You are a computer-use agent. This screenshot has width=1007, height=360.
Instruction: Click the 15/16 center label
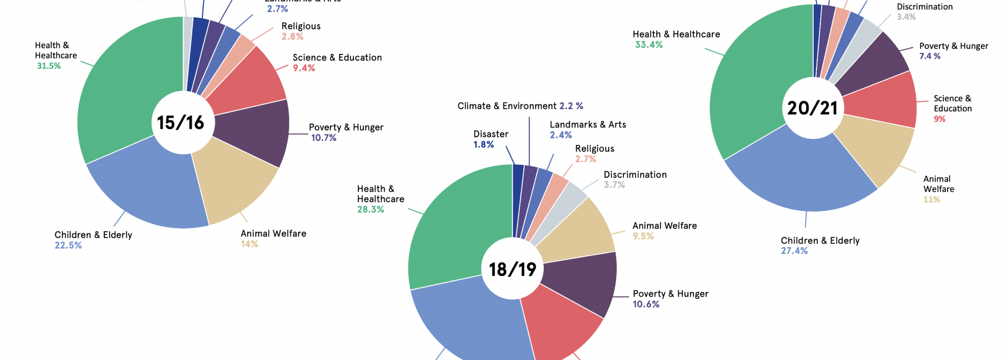pos(180,123)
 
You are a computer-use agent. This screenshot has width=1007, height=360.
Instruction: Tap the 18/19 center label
pos(513,269)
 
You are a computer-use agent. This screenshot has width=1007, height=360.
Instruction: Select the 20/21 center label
pos(812,108)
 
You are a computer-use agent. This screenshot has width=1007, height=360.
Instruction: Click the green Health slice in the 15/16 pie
pos(126,91)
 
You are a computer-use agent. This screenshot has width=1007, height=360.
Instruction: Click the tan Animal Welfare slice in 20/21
pos(876,151)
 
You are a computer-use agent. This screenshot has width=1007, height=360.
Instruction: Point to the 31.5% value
pos(49,66)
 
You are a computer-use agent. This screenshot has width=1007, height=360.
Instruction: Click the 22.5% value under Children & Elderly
pos(68,245)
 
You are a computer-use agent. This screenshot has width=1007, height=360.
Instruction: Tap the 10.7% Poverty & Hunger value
pos(324,138)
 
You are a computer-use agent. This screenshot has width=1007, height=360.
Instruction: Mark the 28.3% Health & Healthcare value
pos(371,209)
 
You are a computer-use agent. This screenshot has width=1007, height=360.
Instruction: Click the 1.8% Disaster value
pos(483,145)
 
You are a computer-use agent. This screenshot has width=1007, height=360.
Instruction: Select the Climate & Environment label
pos(507,106)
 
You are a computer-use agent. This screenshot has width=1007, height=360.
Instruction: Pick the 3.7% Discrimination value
pos(614,185)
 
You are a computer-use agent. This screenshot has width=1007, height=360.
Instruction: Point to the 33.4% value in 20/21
pos(649,45)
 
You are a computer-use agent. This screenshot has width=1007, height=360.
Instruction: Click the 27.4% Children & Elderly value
pos(794,251)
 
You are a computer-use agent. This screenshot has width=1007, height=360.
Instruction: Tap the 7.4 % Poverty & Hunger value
pos(930,56)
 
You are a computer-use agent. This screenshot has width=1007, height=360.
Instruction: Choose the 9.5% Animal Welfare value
pos(643,236)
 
